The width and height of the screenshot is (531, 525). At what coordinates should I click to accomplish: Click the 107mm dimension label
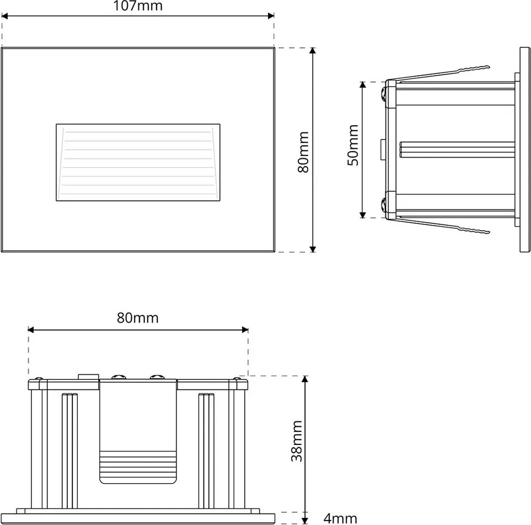[x=137, y=6]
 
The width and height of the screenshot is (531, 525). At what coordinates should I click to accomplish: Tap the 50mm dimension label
[x=353, y=145]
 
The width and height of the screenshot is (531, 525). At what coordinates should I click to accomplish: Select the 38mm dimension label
[x=297, y=441]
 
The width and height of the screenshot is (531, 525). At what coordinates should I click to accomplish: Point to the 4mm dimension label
[x=340, y=518]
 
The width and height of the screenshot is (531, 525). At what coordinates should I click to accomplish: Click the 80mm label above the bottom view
[x=138, y=318]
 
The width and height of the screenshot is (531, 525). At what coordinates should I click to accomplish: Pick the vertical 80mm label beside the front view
[x=303, y=152]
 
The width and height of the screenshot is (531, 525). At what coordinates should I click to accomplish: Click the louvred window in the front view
[x=138, y=162]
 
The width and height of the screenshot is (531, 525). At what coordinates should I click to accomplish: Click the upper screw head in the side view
[x=384, y=94]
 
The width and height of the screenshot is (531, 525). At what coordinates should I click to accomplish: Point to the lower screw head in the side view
[x=384, y=205]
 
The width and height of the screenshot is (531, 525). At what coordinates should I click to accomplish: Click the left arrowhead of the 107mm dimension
[x=4, y=15]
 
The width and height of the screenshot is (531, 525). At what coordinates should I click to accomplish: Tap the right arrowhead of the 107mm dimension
[x=271, y=15]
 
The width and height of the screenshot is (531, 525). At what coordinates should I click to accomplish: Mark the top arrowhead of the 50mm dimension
[x=363, y=85]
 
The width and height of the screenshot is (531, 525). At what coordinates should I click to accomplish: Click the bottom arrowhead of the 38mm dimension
[x=305, y=520]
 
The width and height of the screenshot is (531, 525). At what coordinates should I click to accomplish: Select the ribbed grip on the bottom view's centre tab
[x=138, y=467]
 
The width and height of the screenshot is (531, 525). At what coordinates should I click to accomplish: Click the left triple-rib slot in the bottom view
[x=70, y=451]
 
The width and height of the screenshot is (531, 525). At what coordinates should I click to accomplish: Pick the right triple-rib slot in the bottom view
[x=206, y=451]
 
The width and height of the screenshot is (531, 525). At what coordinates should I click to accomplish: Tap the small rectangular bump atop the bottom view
[x=88, y=377]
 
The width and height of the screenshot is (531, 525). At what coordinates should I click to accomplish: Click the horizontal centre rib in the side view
[x=457, y=149]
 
